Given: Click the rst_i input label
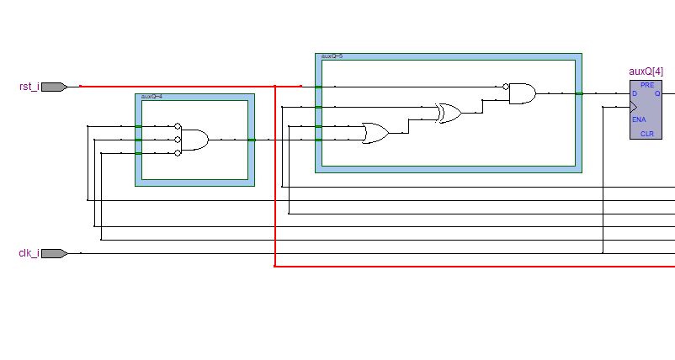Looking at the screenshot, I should click(29, 87).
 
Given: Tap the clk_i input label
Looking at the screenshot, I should click(29, 253).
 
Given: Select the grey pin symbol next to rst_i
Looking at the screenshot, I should click(54, 87).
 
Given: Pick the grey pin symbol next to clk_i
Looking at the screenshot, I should click(54, 253).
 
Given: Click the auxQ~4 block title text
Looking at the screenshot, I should click(152, 97).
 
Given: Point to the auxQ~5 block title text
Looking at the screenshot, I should click(332, 56).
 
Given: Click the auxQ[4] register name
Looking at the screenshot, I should click(646, 72).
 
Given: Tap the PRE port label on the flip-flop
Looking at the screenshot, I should click(646, 85).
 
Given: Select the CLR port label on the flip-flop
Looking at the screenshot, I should click(646, 134).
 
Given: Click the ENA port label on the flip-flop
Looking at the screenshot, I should click(639, 119).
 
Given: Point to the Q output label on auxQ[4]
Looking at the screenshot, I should click(657, 93).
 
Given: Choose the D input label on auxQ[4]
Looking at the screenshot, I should click(635, 93).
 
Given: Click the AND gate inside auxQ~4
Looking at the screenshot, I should click(195, 140).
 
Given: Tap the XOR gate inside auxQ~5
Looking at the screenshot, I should click(449, 114).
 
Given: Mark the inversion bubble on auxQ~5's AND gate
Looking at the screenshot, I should click(506, 87).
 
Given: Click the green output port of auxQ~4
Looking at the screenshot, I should click(251, 140).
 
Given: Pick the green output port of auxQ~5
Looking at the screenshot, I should click(579, 93).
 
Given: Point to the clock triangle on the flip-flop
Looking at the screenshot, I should click(634, 107).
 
